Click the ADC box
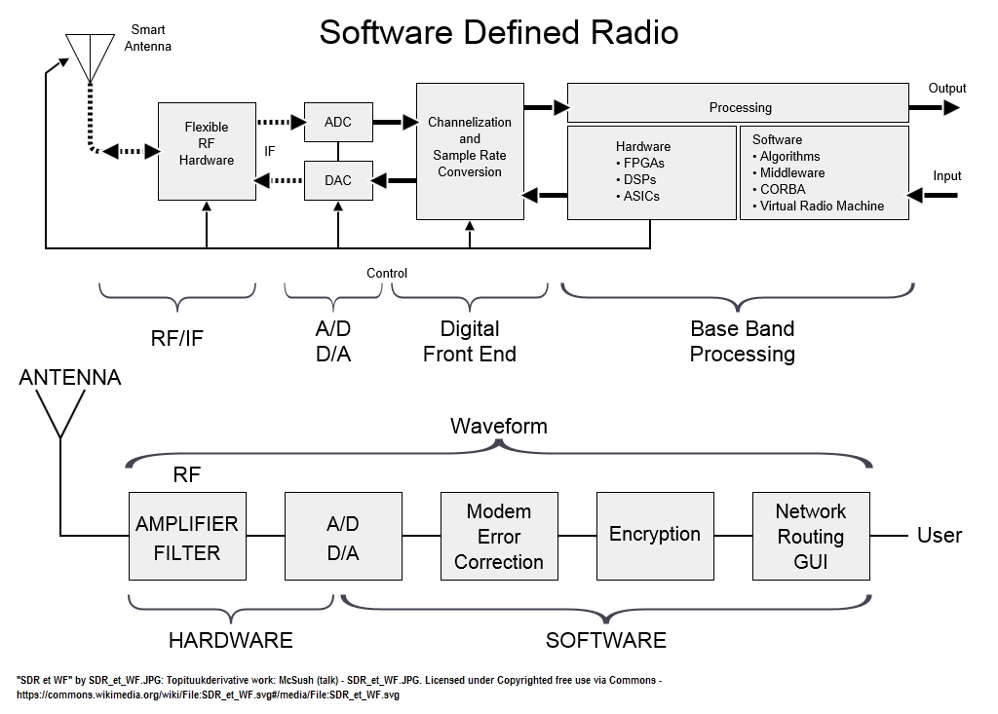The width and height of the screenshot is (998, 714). tap(338, 122)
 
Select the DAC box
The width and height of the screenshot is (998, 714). tap(338, 181)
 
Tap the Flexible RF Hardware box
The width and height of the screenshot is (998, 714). tap(207, 151)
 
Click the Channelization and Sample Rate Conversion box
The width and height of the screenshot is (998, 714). tap(470, 151)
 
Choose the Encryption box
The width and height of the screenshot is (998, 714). tap(655, 536)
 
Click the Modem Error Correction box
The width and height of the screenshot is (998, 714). tap(499, 536)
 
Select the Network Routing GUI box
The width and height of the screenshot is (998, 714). tap(811, 536)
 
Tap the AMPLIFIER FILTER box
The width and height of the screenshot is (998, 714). tap(187, 536)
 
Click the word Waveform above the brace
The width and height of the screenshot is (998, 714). tap(499, 426)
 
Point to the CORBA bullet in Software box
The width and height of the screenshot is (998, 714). tap(779, 190)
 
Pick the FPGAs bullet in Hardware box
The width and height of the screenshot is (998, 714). tap(640, 163)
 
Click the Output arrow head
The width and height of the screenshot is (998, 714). tap(951, 107)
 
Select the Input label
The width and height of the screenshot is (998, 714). tap(947, 176)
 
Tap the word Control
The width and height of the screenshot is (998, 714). tap(387, 273)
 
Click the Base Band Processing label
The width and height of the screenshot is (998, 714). tap(742, 341)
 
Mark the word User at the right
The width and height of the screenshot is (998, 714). tap(940, 535)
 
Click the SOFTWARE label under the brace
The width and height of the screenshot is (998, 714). tap(606, 640)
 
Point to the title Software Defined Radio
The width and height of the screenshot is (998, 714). tap(499, 32)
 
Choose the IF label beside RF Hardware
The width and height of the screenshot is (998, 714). tap(270, 151)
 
